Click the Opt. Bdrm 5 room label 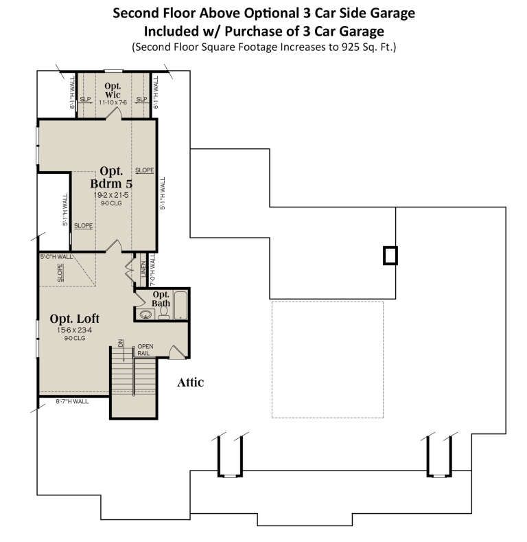pyautogui.click(x=111, y=177)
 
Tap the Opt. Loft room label pyautogui.click(x=74, y=319)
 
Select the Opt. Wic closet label pyautogui.click(x=113, y=90)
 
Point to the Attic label pyautogui.click(x=191, y=383)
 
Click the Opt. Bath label pyautogui.click(x=161, y=299)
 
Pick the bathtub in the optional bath pyautogui.click(x=180, y=305)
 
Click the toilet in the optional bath pyautogui.click(x=164, y=313)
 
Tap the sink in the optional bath pyautogui.click(x=145, y=314)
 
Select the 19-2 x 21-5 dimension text pyautogui.click(x=111, y=195)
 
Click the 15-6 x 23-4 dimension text pyautogui.click(x=74, y=330)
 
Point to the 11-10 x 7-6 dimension pyautogui.click(x=113, y=102)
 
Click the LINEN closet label pyautogui.click(x=143, y=269)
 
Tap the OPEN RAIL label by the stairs pyautogui.click(x=145, y=350)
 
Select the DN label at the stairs pyautogui.click(x=120, y=343)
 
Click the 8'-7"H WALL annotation pyautogui.click(x=72, y=401)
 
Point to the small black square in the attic pyautogui.click(x=390, y=256)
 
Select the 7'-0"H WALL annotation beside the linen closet pyautogui.click(x=152, y=269)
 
